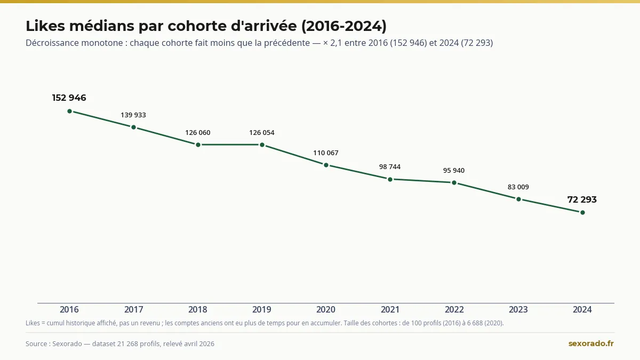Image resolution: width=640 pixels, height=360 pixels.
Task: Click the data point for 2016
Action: [x=69, y=111]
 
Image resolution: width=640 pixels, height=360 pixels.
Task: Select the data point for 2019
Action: [x=262, y=145]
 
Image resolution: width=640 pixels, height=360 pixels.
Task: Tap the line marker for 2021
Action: [x=390, y=179]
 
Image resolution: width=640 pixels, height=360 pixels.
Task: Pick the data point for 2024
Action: [x=582, y=213]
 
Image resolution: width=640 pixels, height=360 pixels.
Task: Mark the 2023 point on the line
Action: [x=518, y=199]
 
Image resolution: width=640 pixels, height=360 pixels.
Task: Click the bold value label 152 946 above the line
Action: [x=69, y=98]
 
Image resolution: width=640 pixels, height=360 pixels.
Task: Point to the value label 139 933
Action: [x=133, y=115]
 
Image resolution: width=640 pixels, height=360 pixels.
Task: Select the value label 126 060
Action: [x=198, y=133]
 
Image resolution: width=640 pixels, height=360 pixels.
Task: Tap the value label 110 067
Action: [x=326, y=153]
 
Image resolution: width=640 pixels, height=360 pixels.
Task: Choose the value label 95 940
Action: [x=454, y=170]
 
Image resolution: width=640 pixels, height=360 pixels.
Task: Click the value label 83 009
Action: [x=518, y=187]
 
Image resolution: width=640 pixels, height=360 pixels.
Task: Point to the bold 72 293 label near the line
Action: [x=582, y=199]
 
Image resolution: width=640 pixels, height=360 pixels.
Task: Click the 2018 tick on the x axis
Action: [x=198, y=309]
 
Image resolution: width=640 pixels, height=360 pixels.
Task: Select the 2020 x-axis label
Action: [x=326, y=309]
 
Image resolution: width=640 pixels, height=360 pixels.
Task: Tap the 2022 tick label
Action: [x=454, y=309]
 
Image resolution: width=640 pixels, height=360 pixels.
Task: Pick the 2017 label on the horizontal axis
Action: [x=134, y=309]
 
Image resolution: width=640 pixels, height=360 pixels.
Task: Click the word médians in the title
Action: [x=102, y=26]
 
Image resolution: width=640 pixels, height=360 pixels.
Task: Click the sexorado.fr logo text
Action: [x=591, y=343]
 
